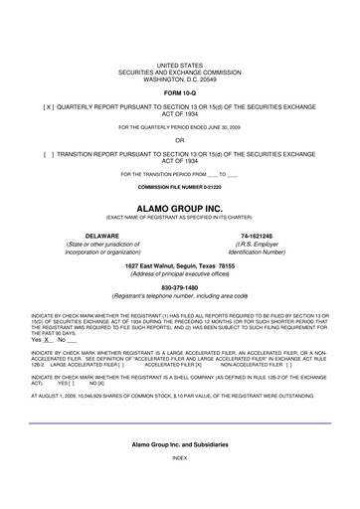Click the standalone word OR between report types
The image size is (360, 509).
click(x=180, y=141)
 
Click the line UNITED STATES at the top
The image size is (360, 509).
click(x=180, y=61)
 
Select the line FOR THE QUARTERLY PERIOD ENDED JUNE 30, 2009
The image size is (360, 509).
click(x=180, y=127)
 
